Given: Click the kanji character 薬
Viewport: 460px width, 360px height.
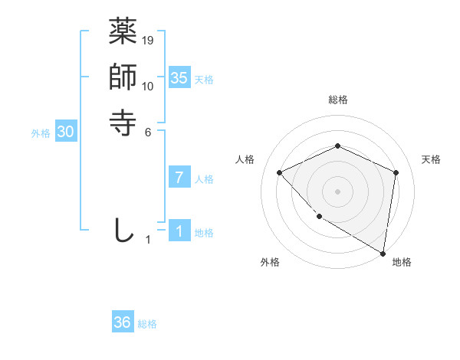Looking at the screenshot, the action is pyautogui.click(x=123, y=32).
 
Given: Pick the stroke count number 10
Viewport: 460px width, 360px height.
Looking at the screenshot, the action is pyautogui.click(x=148, y=86).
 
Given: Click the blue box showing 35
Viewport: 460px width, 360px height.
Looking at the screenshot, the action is pyautogui.click(x=179, y=78).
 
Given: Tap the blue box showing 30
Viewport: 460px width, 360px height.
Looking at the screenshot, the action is pyautogui.click(x=66, y=133).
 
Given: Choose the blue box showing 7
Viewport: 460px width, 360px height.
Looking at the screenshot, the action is pyautogui.click(x=179, y=178).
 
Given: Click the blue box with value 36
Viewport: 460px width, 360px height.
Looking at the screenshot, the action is pyautogui.click(x=123, y=322).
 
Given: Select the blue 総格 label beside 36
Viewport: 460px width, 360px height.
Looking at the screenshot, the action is pyautogui.click(x=147, y=324).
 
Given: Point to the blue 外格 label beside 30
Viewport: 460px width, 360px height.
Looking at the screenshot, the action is pyautogui.click(x=41, y=133).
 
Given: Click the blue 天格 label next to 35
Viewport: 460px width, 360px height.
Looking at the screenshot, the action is pyautogui.click(x=204, y=80).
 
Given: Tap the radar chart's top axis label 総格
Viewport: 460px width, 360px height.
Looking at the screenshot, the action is pyautogui.click(x=337, y=100).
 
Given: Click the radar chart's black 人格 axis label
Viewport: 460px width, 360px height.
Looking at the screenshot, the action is pyautogui.click(x=245, y=159).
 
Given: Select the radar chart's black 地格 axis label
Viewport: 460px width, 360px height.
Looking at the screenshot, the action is pyautogui.click(x=402, y=262).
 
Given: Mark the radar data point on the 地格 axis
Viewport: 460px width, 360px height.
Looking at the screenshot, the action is pyautogui.click(x=383, y=254).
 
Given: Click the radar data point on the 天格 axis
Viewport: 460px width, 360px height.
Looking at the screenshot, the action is pyautogui.click(x=396, y=172).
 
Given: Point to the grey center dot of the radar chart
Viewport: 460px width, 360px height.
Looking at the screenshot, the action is pyautogui.click(x=337, y=191).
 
